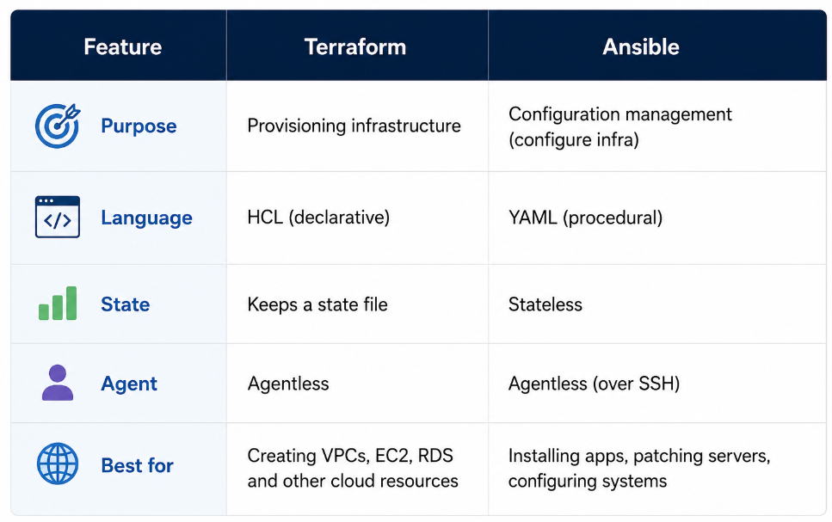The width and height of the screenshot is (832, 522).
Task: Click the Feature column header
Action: pyautogui.click(x=122, y=46)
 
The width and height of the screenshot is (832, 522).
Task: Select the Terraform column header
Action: pyautogui.click(x=355, y=46)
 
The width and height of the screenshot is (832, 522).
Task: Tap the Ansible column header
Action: pyautogui.click(x=641, y=46)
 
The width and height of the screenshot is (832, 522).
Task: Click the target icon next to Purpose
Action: pyautogui.click(x=58, y=126)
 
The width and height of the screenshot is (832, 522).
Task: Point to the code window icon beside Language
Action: pyautogui.click(x=58, y=217)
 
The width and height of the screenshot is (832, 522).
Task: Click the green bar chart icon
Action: pyautogui.click(x=58, y=304)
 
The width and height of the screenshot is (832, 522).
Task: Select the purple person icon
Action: pyautogui.click(x=58, y=383)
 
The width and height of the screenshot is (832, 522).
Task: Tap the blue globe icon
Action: pyautogui.click(x=58, y=464)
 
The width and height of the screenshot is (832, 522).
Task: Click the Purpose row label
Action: pyautogui.click(x=139, y=126)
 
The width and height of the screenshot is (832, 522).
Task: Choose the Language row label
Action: pyautogui.click(x=146, y=218)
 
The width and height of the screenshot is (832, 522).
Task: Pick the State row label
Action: pyautogui.click(x=126, y=304)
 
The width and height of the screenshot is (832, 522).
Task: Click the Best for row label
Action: pyautogui.click(x=137, y=465)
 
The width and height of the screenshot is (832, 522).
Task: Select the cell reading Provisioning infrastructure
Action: pyautogui.click(x=354, y=126)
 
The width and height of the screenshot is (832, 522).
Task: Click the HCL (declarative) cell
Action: pyautogui.click(x=318, y=218)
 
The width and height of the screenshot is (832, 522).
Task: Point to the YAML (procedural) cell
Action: pyautogui.click(x=585, y=218)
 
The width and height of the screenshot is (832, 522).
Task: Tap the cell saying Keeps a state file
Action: pyautogui.click(x=317, y=304)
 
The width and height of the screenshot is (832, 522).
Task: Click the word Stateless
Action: pyautogui.click(x=545, y=304)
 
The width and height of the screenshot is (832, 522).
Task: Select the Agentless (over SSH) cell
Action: pyautogui.click(x=594, y=384)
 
